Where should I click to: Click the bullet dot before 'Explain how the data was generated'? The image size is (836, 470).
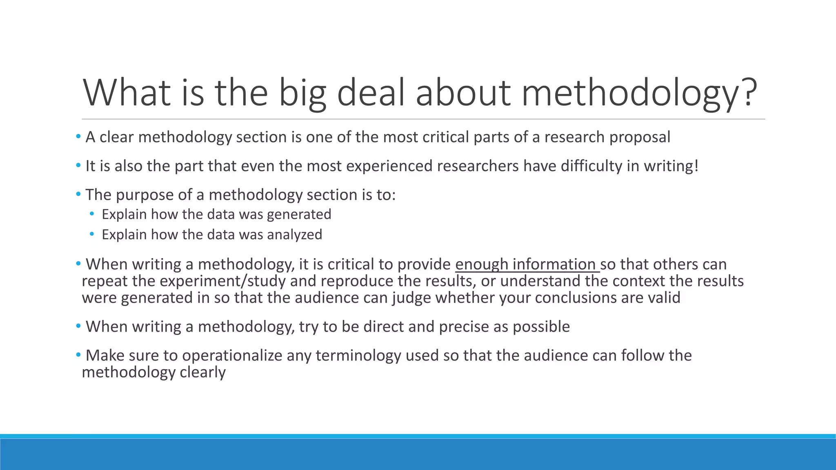click(x=92, y=214)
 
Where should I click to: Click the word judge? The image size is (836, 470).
click(x=411, y=298)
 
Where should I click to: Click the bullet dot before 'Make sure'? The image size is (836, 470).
click(x=78, y=355)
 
